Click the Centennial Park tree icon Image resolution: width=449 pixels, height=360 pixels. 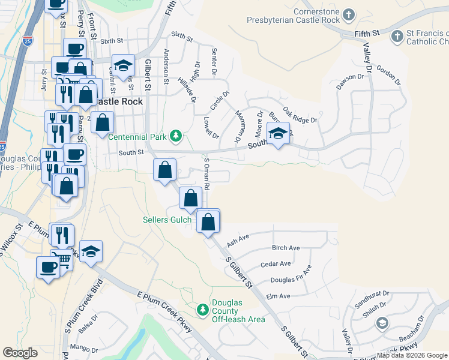coord(175,137)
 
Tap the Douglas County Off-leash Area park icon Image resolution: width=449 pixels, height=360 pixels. coord(203,310)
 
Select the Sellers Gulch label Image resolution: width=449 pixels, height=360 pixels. coord(166,220)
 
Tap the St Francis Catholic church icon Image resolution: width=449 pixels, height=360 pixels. coord(396,37)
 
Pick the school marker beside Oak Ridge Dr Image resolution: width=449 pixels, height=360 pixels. coord(278,134)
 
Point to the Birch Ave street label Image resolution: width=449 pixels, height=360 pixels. coord(286,248)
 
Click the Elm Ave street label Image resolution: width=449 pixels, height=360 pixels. coord(278,296)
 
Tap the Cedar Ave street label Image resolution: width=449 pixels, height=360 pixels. coord(276,264)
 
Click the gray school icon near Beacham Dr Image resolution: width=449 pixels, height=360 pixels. coord(381,324)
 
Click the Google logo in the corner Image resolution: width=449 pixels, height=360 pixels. coord(20,352)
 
